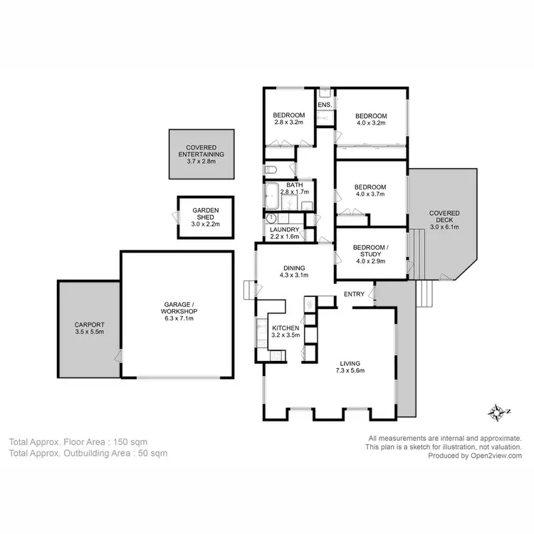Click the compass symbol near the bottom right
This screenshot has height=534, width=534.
(x=496, y=412)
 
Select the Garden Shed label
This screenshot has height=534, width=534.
(x=205, y=216)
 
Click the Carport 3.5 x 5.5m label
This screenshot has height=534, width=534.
(x=90, y=328)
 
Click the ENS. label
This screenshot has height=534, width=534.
(x=325, y=105)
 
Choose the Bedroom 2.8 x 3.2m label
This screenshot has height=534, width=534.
(x=289, y=119)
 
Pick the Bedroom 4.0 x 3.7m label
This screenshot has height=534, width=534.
(x=371, y=191)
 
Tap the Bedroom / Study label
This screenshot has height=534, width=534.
(x=371, y=253)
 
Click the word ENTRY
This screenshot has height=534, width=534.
(x=354, y=294)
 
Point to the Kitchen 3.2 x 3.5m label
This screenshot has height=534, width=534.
(x=286, y=331)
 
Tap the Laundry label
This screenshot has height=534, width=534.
(x=283, y=233)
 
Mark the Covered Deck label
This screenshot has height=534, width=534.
(x=444, y=220)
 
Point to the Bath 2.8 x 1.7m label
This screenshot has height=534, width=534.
(x=295, y=189)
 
